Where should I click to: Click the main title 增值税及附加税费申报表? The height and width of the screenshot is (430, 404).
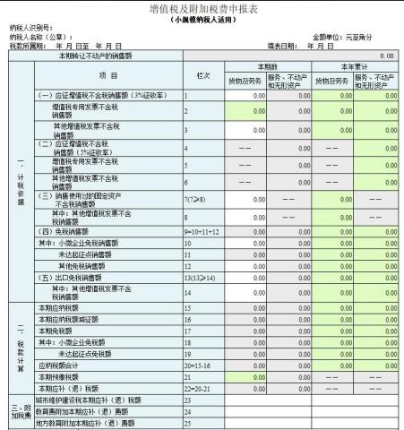(x=202, y=8)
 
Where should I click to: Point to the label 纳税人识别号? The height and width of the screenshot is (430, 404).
(x=31, y=28)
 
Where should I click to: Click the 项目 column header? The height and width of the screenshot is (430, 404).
(x=107, y=74)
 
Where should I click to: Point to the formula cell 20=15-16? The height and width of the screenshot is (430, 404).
(x=197, y=365)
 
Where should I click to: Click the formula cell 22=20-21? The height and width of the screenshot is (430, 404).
(x=197, y=388)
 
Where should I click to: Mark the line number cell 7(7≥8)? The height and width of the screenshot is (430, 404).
(x=194, y=197)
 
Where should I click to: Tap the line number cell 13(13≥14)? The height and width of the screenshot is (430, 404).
(x=197, y=275)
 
